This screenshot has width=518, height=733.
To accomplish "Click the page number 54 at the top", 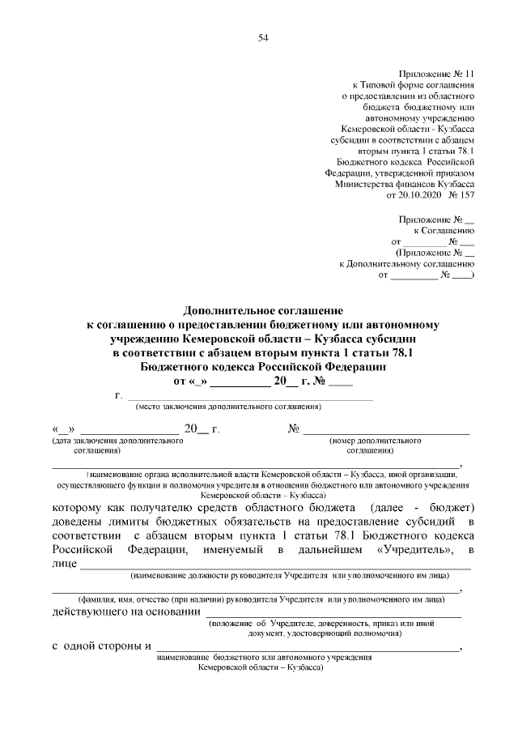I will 263,38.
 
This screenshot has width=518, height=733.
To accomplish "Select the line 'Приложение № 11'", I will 434,73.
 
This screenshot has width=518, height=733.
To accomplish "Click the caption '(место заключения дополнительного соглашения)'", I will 228,406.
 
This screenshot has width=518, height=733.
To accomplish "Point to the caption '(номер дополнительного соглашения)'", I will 375,445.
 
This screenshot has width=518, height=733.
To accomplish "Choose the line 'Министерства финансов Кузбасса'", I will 404,184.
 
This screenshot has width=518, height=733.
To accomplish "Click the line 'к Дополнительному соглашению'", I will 406,264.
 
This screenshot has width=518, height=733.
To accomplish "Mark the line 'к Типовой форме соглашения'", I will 413,84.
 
